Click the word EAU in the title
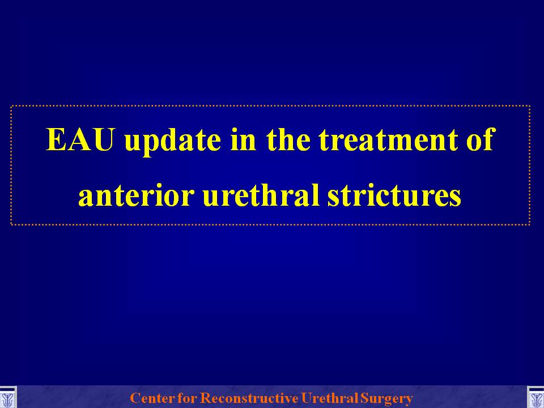tap(80, 139)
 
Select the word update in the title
tap(172, 142)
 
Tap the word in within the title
tap(243, 139)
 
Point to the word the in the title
tap(288, 139)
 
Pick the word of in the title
tap(479, 139)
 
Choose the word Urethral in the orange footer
tap(330, 398)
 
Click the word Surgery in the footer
tap(386, 398)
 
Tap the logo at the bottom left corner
tap(8, 397)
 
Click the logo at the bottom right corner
tap(535, 397)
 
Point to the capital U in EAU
tap(103, 140)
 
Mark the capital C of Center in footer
tap(135, 398)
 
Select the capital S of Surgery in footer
tap(364, 398)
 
